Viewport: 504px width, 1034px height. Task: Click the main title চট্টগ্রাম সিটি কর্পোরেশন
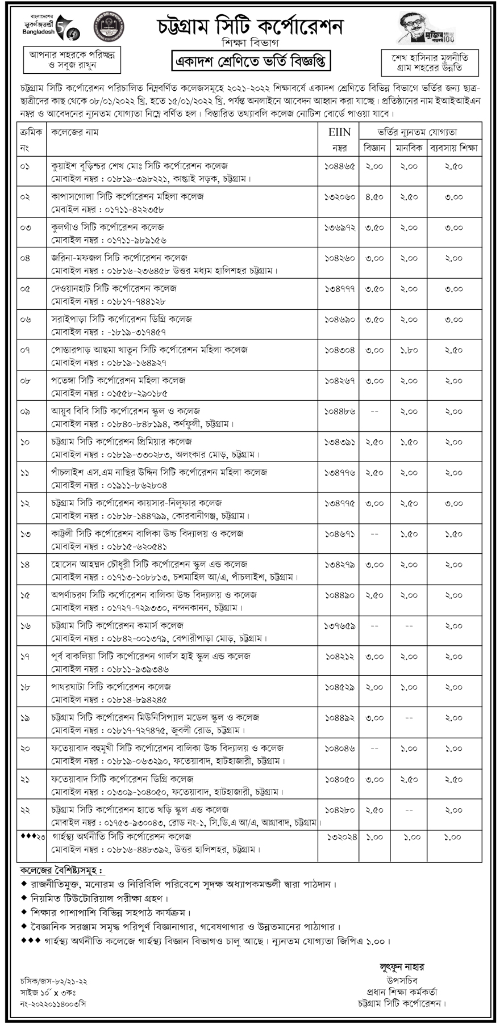click(x=251, y=26)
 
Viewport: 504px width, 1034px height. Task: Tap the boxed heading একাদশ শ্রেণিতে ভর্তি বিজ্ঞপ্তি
click(x=251, y=61)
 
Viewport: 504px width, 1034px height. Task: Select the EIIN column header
click(x=339, y=132)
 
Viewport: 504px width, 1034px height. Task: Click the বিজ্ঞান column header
click(x=374, y=148)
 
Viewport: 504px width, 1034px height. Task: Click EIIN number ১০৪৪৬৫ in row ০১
click(x=339, y=166)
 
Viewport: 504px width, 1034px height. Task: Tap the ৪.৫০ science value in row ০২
click(x=374, y=196)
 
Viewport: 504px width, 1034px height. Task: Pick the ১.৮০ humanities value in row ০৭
click(x=408, y=350)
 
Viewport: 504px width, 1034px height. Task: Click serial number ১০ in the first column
click(x=25, y=442)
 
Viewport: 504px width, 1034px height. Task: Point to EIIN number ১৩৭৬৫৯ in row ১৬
click(x=339, y=625)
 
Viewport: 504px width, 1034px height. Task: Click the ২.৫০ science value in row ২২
click(x=374, y=809)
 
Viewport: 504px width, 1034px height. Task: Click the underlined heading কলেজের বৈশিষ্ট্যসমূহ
click(x=63, y=871)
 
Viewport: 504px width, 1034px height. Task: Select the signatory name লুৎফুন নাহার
click(x=402, y=967)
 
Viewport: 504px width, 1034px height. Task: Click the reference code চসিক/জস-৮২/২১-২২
click(x=53, y=981)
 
